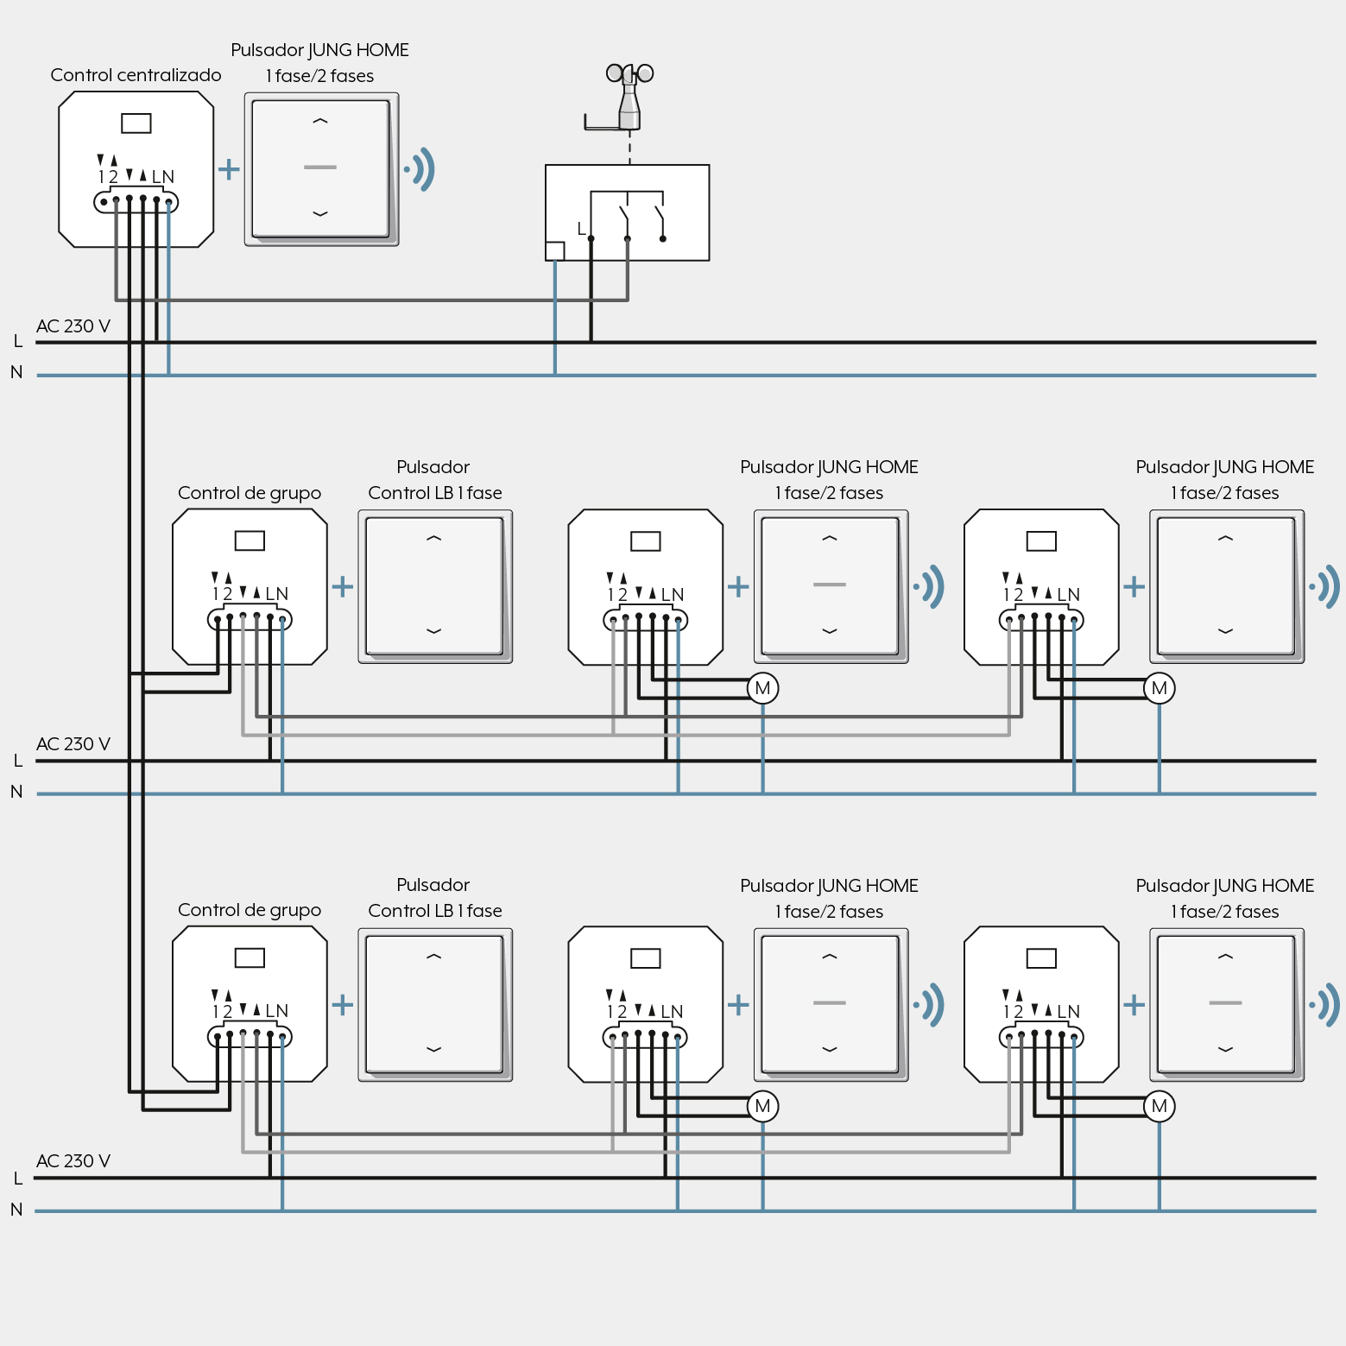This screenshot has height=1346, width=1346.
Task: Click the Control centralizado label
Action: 136,75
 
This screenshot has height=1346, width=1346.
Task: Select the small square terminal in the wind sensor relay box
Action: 555,251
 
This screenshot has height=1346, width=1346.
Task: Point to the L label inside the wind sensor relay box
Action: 582,229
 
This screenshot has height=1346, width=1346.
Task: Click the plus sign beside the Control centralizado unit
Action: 229,168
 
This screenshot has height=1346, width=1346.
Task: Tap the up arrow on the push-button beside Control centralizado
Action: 320,121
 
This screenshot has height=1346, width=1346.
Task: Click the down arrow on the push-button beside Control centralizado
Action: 320,213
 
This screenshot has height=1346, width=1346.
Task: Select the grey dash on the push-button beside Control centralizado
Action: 320,167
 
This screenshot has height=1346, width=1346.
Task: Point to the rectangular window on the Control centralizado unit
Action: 136,123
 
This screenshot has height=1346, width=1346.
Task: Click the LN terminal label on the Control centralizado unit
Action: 163,177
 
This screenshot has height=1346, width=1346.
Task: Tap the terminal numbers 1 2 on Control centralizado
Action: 108,177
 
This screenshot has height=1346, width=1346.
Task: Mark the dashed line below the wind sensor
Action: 629,147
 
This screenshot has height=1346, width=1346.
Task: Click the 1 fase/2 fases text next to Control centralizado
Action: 319,76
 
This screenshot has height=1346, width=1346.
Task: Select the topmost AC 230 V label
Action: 73,326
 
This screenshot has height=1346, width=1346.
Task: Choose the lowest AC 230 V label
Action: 73,1161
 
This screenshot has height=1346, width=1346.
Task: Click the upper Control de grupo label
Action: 250,493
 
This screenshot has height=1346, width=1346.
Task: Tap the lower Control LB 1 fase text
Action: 435,911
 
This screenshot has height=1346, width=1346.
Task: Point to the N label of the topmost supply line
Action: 16,372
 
